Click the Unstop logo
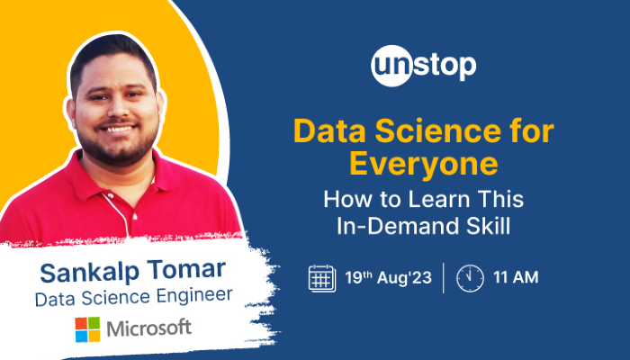pos(422,67)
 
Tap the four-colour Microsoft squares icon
pos(87,328)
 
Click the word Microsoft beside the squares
pos(149,328)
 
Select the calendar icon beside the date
pos(321,277)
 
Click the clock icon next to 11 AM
pos(469,277)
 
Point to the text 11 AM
pos(517,277)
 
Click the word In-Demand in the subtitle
pos(395,227)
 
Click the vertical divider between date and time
pos(443,277)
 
